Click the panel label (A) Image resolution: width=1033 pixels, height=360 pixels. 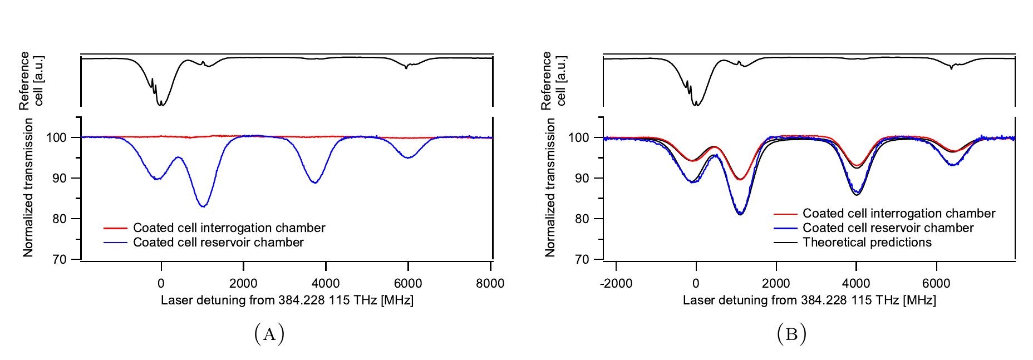coord(269,334)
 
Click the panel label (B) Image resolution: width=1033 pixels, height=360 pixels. coord(791,334)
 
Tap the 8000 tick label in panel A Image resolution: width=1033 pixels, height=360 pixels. coord(490,283)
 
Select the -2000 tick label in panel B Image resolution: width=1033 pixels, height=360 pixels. coord(616,283)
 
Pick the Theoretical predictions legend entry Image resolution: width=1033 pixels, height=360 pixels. coord(867,243)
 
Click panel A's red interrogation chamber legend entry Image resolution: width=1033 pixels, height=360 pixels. coord(229,228)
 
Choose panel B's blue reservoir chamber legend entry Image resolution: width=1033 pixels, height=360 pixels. coord(888,228)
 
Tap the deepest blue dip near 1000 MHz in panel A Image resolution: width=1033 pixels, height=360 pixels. coord(204,206)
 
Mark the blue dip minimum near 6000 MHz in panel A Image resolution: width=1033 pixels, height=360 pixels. coord(409,157)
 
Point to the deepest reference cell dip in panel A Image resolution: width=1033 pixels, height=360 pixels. coord(162,105)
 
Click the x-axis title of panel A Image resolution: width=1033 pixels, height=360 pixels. coord(287,300)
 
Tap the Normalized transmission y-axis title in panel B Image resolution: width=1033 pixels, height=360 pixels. coord(550,187)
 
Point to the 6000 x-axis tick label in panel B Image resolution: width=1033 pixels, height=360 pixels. coord(936,283)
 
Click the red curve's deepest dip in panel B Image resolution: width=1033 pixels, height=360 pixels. coord(740,179)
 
